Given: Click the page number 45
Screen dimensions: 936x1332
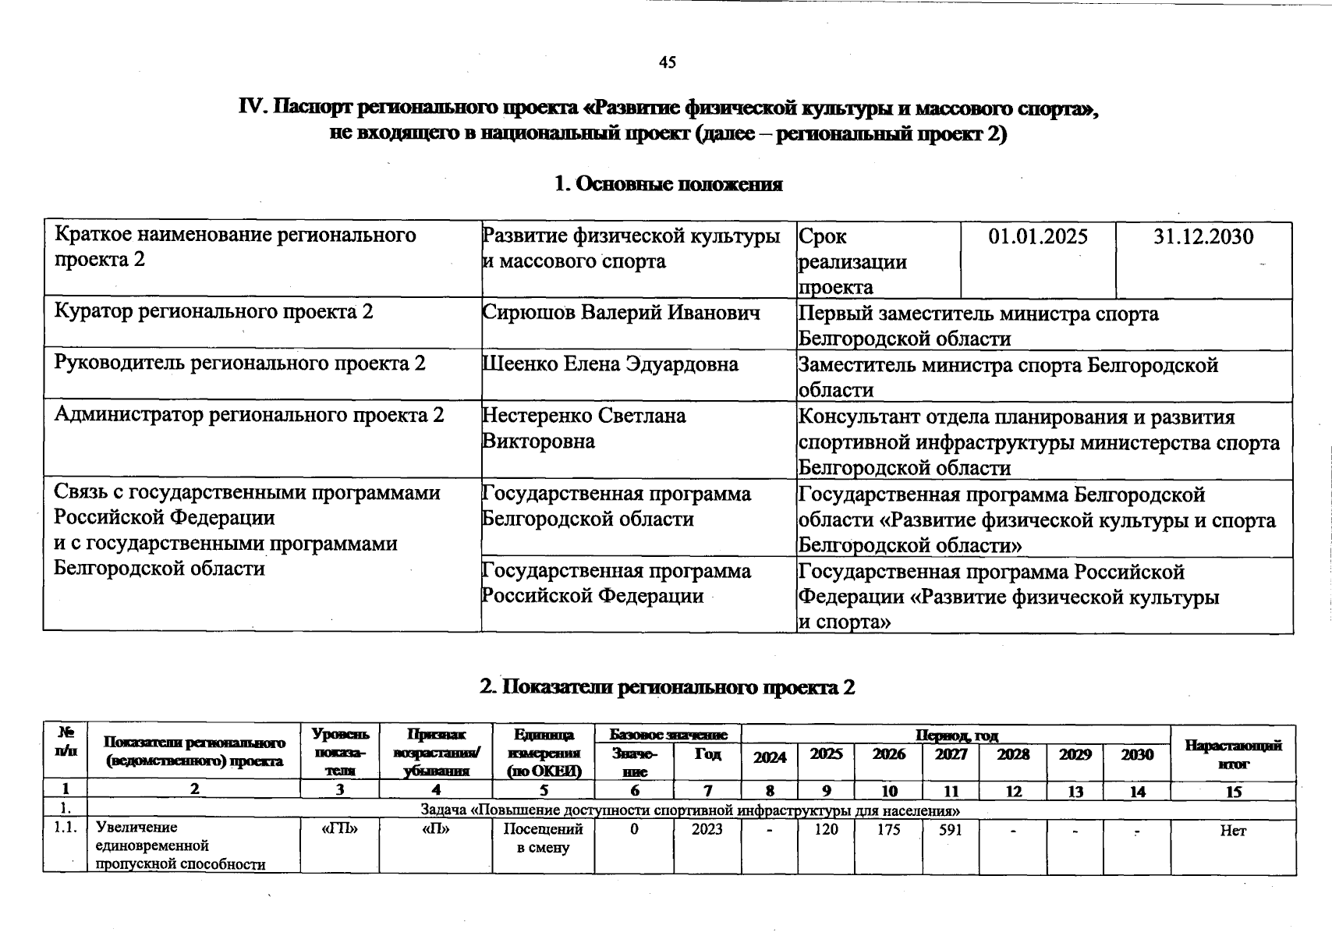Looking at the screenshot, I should pos(667,62).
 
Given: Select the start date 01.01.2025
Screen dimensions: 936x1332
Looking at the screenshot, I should pos(1037,236).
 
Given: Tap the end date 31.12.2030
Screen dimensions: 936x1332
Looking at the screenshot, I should pos(1203,236).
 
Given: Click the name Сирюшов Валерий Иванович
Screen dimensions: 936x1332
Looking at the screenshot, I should pos(621,313).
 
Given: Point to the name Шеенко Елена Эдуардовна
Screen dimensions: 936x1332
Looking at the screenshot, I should pos(610,364).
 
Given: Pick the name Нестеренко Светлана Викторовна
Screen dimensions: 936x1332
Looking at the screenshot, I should pos(583,427).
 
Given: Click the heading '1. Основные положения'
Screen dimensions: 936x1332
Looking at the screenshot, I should pos(668,184).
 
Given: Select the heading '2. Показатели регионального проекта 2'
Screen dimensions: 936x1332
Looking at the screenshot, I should pos(667,687).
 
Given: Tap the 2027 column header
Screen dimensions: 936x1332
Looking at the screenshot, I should pos(951,754).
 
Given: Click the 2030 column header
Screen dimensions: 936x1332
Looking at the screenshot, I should pos(1137,754).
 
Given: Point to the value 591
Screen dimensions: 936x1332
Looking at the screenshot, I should pos(950,830).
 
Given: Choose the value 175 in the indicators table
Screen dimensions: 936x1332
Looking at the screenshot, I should pos(888,830).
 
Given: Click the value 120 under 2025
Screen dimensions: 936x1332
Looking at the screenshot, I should pos(825,830).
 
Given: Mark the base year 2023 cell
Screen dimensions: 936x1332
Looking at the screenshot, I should pos(707,829).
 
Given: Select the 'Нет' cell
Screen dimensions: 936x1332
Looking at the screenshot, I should pos(1233,831).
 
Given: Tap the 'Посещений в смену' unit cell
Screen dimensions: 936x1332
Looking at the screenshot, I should pos(543,838).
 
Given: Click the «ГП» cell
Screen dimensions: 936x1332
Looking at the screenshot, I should pos(339,829).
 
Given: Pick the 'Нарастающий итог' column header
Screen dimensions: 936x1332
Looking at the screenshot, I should pos(1233,754).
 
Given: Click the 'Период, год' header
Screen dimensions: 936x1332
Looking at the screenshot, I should pos(956,735).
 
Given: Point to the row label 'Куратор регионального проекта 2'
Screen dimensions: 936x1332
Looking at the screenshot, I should pos(214,312).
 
